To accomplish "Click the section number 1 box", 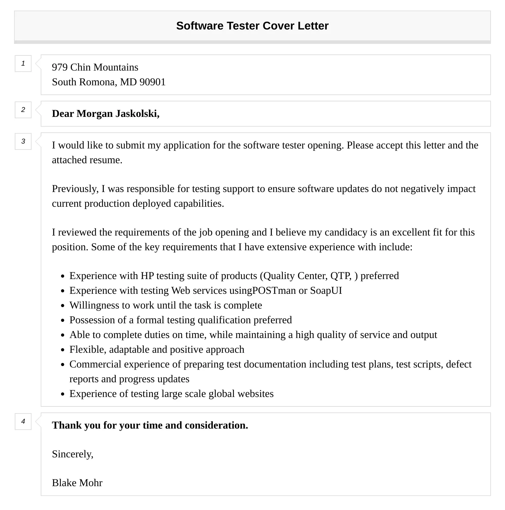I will pyautogui.click(x=23, y=64).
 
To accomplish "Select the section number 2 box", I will pyautogui.click(x=23, y=110).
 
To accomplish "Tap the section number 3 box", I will pyautogui.click(x=23, y=141).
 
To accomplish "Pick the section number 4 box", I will pyautogui.click(x=23, y=422).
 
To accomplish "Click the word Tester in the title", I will pyautogui.click(x=243, y=26).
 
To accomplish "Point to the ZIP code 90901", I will pyautogui.click(x=153, y=82).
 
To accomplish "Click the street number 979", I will pyautogui.click(x=60, y=67).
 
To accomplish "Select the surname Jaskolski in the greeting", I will pyautogui.click(x=137, y=114).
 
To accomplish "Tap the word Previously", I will pyautogui.click(x=75, y=189).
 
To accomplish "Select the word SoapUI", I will pyautogui.click(x=326, y=291).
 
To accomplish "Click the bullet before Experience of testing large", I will pyautogui.click(x=63, y=394).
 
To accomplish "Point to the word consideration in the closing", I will pyautogui.click(x=216, y=425).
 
